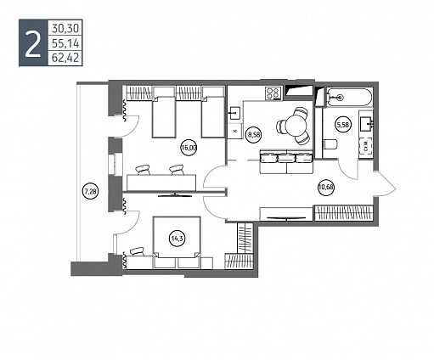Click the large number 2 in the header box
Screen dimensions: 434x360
pos(33,43)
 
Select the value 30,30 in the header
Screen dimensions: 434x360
pos(65,28)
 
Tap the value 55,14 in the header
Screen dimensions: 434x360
pos(65,43)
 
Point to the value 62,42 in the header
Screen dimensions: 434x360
pos(65,58)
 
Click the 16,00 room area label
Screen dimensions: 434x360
pos(189,148)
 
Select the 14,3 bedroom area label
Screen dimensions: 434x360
pos(177,239)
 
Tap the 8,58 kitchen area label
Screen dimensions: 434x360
pos(254,134)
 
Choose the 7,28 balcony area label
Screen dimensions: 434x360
pos(90,192)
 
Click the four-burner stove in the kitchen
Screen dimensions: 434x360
pos(273,93)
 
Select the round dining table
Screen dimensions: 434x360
pos(295,126)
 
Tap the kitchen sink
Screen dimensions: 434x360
pos(234,114)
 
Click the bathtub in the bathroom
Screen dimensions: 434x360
pos(349,98)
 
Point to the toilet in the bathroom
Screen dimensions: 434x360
pos(330,143)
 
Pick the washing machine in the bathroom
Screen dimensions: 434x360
pos(366,149)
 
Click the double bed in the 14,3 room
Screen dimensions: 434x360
pos(177,242)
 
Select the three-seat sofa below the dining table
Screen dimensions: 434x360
pos(286,161)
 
